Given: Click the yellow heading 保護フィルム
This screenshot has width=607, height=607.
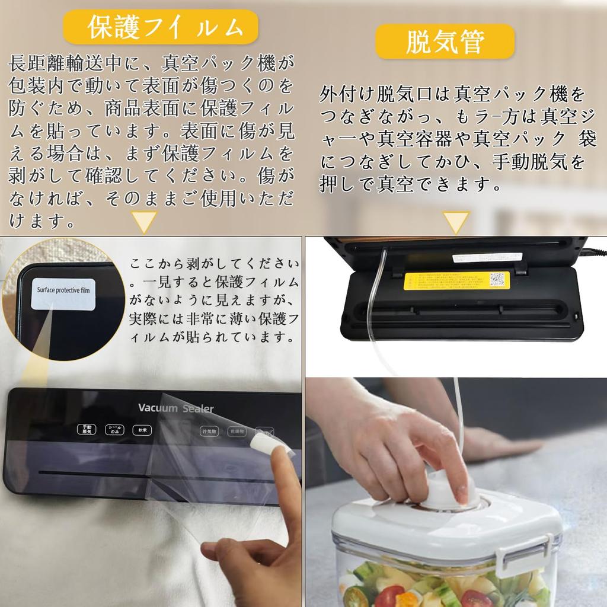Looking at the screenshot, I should pyautogui.click(x=161, y=27).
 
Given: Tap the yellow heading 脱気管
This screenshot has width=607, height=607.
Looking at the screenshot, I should pyautogui.click(x=445, y=41).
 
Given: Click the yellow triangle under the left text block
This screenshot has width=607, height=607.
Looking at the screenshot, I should pyautogui.click(x=144, y=222).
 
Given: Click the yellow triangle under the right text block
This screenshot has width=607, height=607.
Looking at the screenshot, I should pyautogui.click(x=456, y=222).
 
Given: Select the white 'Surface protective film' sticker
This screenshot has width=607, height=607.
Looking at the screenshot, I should pyautogui.click(x=63, y=292).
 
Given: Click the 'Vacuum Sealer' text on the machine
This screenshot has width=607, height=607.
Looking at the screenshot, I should pyautogui.click(x=175, y=408).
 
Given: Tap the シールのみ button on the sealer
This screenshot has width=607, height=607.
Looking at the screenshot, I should pyautogui.click(x=114, y=430).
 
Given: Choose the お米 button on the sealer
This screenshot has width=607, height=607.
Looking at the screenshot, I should pyautogui.click(x=142, y=430).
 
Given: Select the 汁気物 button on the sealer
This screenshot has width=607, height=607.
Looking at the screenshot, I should pyautogui.click(x=209, y=431).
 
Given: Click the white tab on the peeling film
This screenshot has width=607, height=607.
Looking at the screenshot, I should pyautogui.click(x=267, y=442).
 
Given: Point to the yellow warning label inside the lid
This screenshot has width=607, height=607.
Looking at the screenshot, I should pyautogui.click(x=456, y=280).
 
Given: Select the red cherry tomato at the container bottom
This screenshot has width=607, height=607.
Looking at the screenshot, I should pyautogui.click(x=389, y=596).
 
